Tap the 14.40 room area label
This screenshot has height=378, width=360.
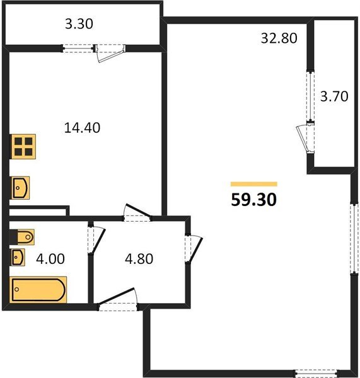tap(83, 127)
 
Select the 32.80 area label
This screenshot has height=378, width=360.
tap(279, 37)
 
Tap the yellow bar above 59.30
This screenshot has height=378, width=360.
tap(253, 183)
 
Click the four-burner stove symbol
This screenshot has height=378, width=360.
tap(23, 147)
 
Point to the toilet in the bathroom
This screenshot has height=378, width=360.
tap(23, 237)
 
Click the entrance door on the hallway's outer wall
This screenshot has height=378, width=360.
tap(119, 300)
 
